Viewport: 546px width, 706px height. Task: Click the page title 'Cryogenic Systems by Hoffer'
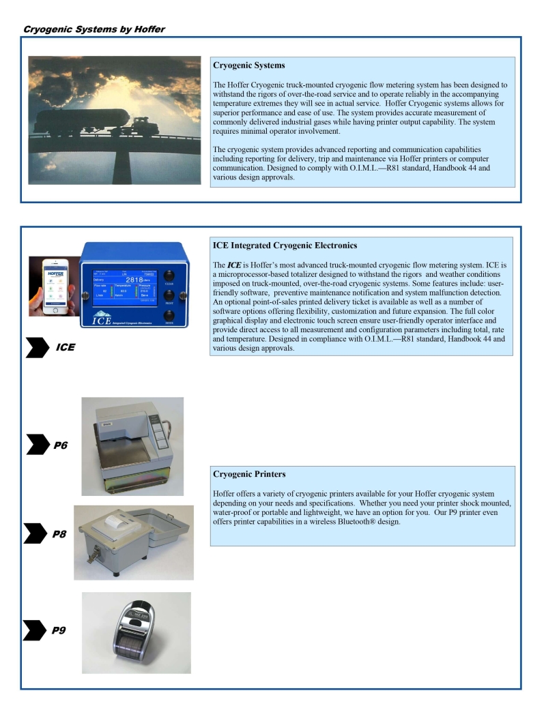(x=94, y=29)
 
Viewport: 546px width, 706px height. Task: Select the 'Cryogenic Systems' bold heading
(x=248, y=66)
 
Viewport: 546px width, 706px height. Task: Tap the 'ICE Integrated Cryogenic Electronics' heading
(x=285, y=246)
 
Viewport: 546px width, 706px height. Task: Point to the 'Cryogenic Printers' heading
(x=249, y=474)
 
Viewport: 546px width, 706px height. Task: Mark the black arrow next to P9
(x=34, y=630)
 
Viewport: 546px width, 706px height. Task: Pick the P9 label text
(x=59, y=630)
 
